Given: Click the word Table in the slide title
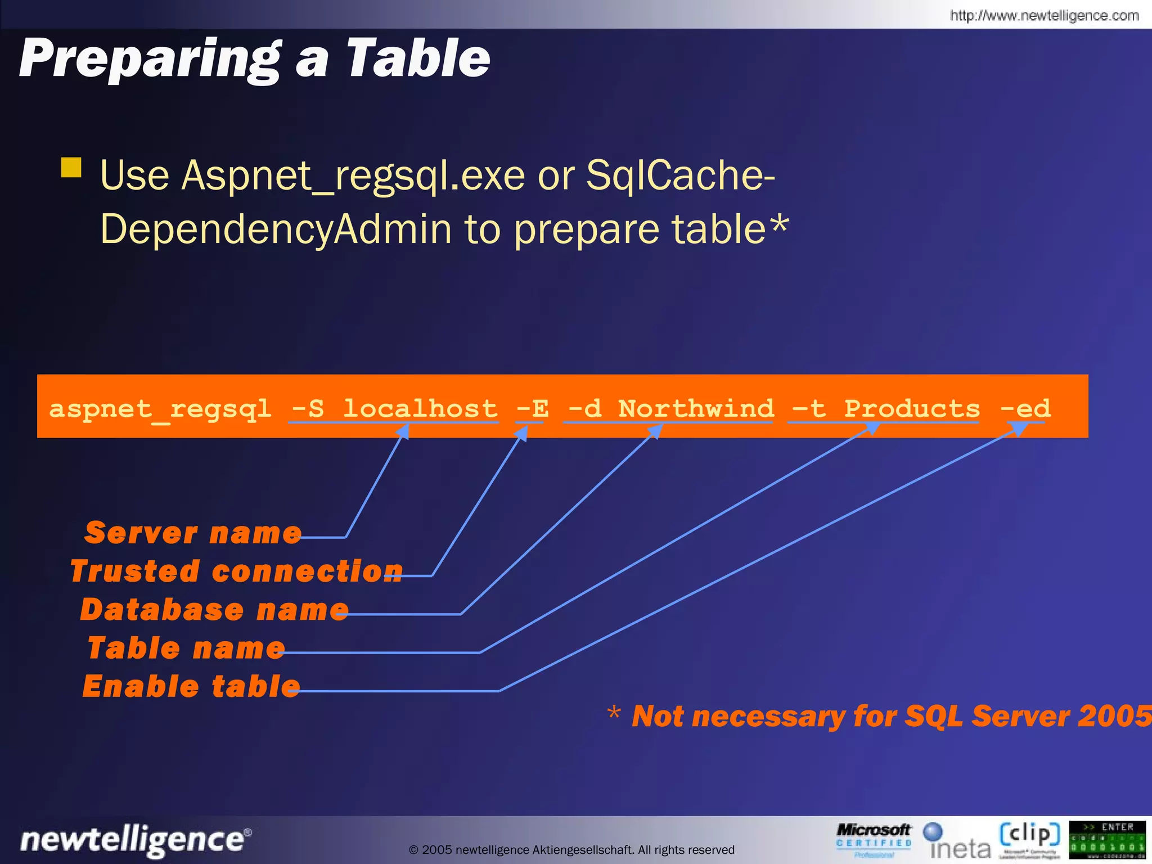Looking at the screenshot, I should pos(417,58).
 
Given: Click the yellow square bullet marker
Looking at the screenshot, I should pos(71,168).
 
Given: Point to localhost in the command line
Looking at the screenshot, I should pos(420,409).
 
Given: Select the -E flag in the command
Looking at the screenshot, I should pos(532,409).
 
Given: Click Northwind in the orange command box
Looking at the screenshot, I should pos(696,409).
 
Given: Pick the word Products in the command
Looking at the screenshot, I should pos(911,409).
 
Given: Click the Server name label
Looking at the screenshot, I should pos(193,533).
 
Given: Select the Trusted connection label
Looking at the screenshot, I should pos(236,571).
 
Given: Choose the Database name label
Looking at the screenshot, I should pos(214,610).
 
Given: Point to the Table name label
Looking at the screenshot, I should pos(186,648).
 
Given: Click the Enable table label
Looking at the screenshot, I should pos(191,687).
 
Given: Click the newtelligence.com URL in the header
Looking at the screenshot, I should pos(1044,15).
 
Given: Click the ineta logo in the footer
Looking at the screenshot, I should pos(957,841).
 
